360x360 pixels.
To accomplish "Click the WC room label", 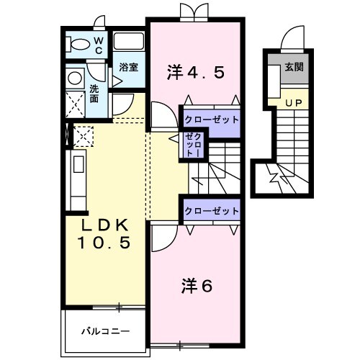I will pyautogui.click(x=99, y=45).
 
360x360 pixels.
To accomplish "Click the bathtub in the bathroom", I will pyautogui.click(x=130, y=41).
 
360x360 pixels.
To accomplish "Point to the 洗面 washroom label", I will pyautogui.click(x=94, y=94).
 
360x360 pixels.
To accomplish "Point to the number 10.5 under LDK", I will pyautogui.click(x=104, y=243).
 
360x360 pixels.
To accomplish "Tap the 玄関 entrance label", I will pyautogui.click(x=293, y=68).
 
